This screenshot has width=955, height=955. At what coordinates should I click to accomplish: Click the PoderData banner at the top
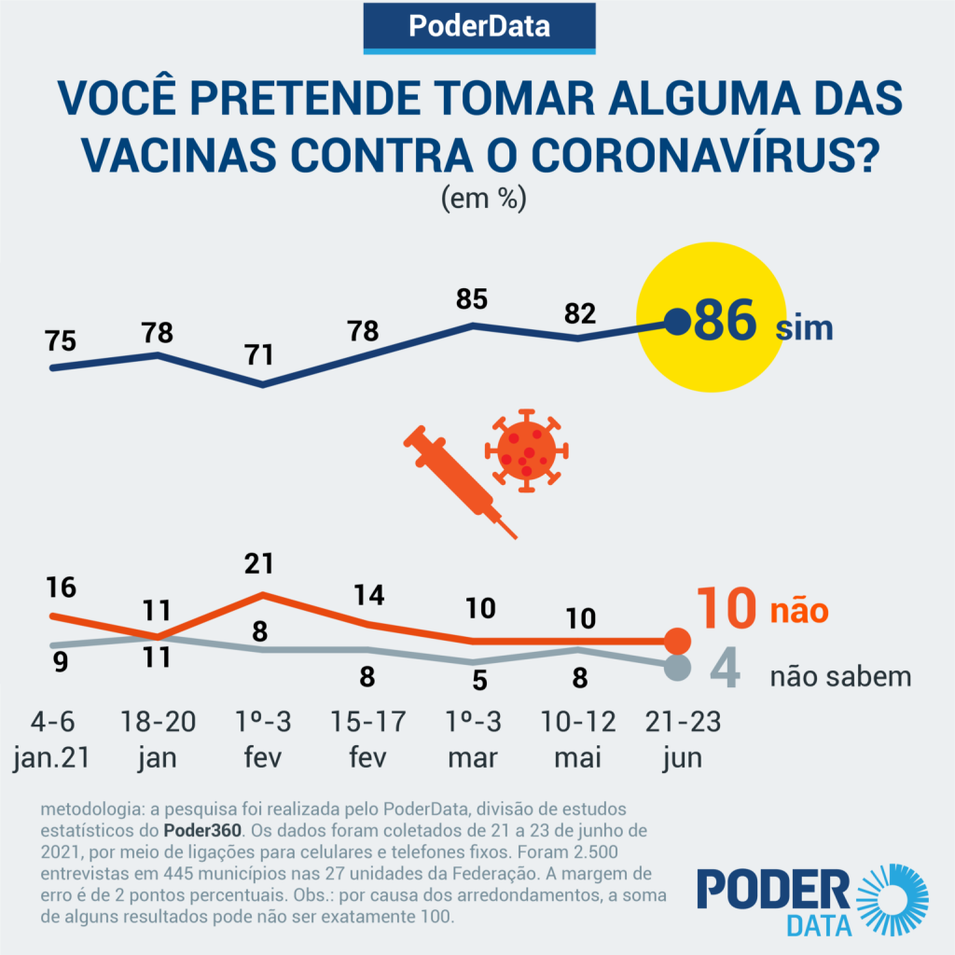point(478,27)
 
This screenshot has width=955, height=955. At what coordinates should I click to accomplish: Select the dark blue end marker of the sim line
point(677,323)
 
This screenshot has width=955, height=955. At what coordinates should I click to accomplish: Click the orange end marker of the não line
point(678,641)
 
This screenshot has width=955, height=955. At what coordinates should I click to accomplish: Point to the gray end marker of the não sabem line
point(678,668)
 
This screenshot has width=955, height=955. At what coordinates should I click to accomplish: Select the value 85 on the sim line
point(472,300)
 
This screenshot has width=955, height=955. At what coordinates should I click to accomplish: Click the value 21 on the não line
point(262,562)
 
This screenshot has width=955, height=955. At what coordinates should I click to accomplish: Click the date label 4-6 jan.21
point(52,740)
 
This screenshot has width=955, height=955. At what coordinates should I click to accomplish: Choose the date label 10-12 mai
point(579,740)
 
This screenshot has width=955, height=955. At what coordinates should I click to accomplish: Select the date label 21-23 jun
point(682,740)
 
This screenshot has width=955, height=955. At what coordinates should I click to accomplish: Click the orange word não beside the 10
point(798,612)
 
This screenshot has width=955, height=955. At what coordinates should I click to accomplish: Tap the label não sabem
point(839,676)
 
